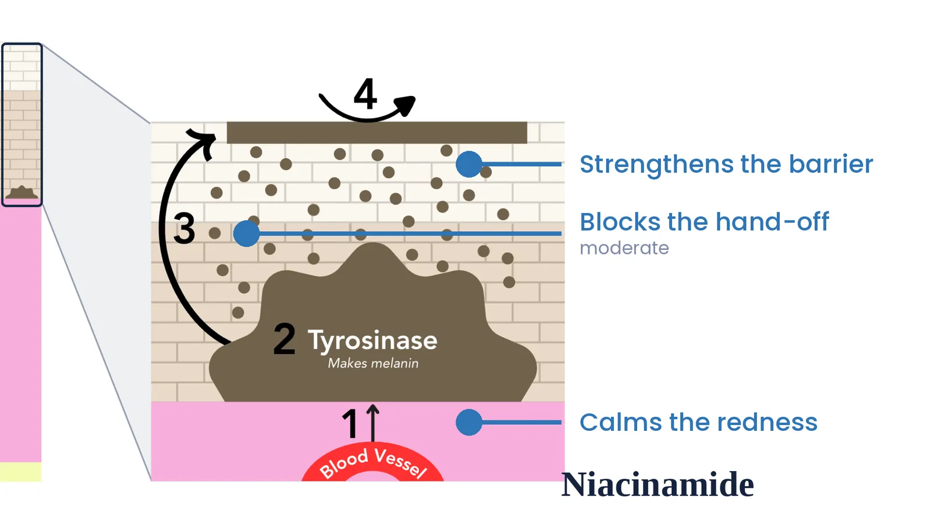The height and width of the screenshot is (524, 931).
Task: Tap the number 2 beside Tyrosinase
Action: (285, 339)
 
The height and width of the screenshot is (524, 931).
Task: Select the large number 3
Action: (184, 228)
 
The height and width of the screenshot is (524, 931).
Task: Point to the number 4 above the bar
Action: (365, 94)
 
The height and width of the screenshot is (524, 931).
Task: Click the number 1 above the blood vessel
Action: (350, 423)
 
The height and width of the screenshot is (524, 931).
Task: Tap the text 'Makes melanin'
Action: (373, 363)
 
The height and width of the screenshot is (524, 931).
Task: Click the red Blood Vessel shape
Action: (372, 463)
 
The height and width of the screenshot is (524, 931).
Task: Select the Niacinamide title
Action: (658, 484)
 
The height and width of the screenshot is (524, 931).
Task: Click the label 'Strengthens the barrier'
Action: (726, 165)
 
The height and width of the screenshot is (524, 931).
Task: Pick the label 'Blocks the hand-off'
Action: (705, 222)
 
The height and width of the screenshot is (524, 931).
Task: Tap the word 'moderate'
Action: (624, 248)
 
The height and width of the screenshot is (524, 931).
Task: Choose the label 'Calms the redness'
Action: (698, 423)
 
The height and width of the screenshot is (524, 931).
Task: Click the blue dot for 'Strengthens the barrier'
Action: (469, 164)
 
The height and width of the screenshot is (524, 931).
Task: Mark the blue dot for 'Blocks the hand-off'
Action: (247, 233)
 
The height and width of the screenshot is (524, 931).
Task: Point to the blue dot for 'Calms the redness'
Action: (469, 422)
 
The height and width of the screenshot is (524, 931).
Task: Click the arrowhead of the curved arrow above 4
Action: (406, 105)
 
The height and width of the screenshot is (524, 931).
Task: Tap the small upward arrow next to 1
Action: (373, 423)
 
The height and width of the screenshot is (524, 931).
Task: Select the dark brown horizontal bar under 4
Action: (377, 133)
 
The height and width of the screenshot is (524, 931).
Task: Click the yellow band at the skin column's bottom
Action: (21, 472)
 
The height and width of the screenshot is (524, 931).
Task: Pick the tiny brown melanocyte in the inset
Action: (22, 193)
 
